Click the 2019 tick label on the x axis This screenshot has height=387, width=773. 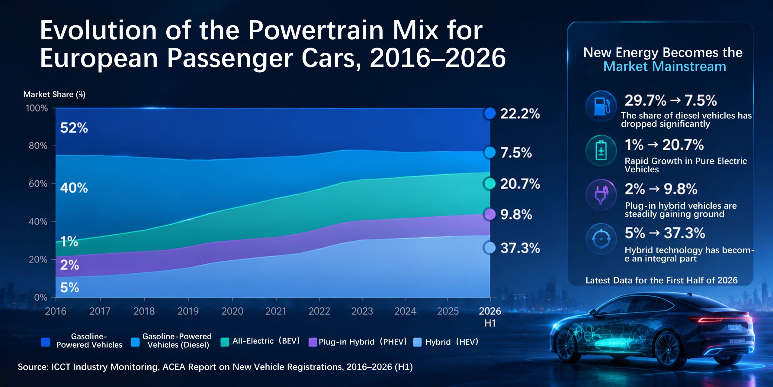[188, 311]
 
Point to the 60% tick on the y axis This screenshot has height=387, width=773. [53, 184]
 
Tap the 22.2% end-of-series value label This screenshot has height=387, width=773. [520, 114]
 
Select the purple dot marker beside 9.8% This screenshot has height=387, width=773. [489, 214]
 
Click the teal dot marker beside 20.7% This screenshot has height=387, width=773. [489, 183]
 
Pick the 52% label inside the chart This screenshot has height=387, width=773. [74, 128]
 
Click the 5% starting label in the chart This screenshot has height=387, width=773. [69, 287]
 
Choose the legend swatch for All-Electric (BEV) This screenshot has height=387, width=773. [225, 342]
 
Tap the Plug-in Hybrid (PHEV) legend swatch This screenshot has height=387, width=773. [313, 342]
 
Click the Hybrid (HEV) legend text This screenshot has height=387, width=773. [452, 342]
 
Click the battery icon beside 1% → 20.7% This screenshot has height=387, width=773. [601, 150]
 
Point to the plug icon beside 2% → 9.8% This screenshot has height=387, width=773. [601, 194]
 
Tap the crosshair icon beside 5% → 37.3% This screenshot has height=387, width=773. [601, 239]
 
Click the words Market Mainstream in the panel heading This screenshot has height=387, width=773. [665, 66]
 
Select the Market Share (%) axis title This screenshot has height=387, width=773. [54, 94]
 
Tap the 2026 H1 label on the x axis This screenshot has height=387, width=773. [490, 317]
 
